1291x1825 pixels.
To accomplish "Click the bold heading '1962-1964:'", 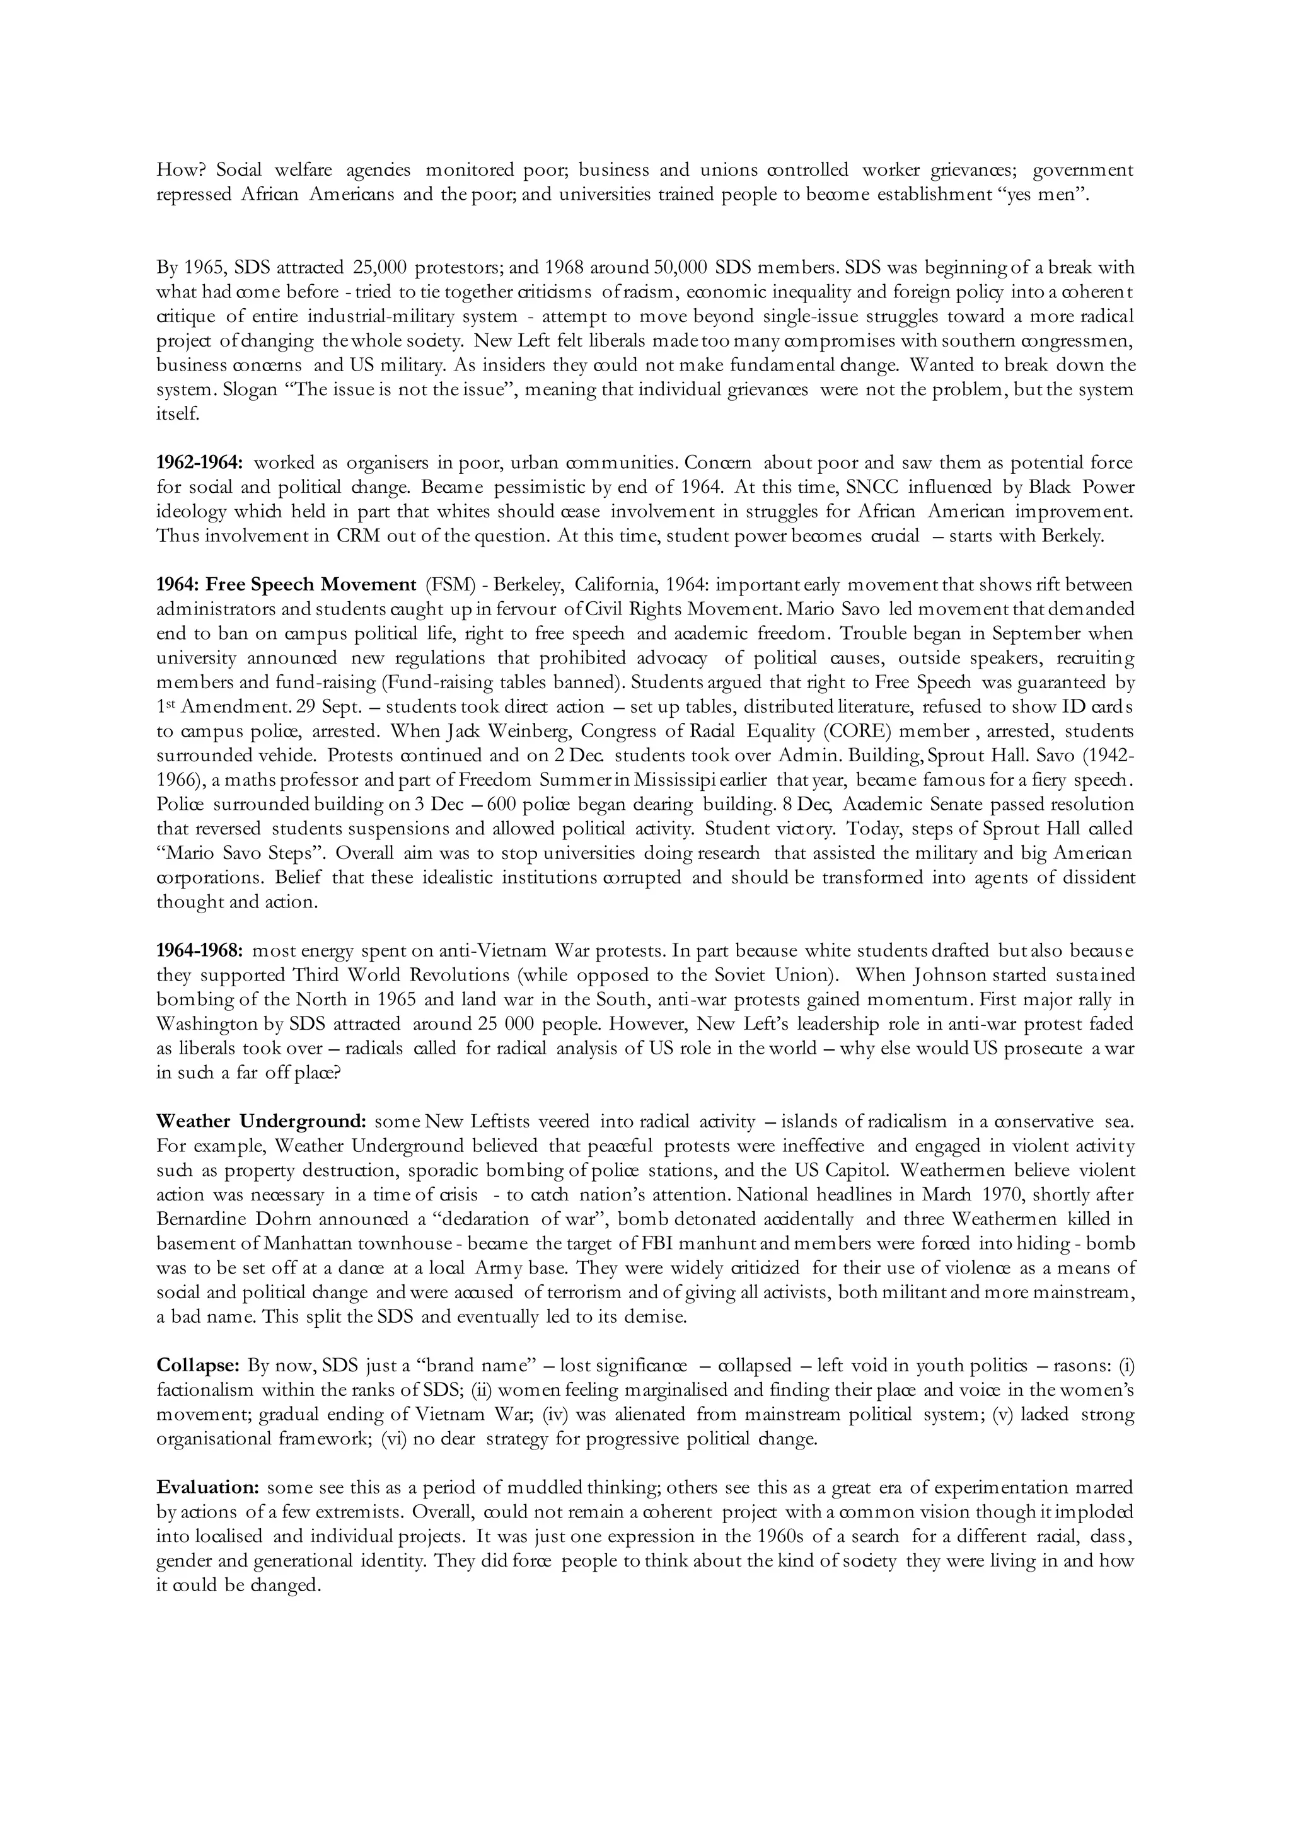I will pyautogui.click(x=200, y=463).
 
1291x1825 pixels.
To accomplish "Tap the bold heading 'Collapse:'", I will pyautogui.click(x=198, y=1366).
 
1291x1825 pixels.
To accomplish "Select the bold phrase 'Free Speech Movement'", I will pyautogui.click(x=311, y=585).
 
